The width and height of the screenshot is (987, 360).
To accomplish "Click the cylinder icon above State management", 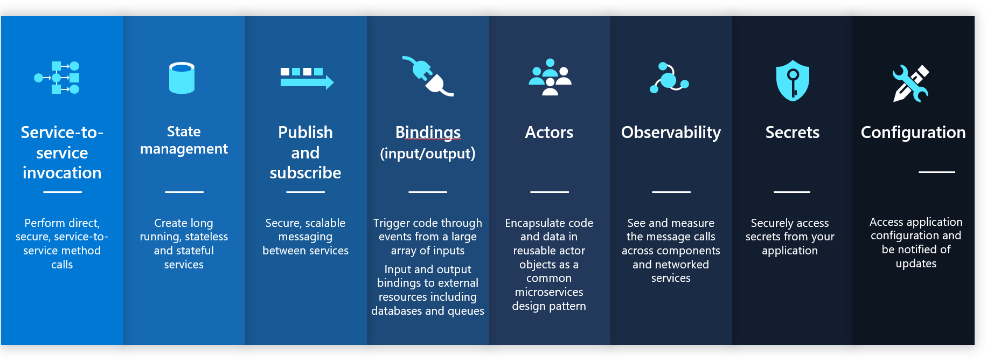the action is [182, 78].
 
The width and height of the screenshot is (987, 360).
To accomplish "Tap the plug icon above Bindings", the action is [428, 76].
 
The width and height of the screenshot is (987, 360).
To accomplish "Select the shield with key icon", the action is [793, 80].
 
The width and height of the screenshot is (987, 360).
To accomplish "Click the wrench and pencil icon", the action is [910, 84].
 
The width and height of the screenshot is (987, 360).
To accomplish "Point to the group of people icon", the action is [550, 77].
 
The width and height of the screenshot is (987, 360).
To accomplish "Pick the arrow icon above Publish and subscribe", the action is [307, 78].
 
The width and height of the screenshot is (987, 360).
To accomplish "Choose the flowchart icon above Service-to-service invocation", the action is [57, 78].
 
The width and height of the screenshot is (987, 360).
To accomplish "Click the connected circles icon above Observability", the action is [669, 78].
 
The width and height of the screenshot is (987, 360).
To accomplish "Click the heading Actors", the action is [549, 133].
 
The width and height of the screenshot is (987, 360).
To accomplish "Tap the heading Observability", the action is [671, 133].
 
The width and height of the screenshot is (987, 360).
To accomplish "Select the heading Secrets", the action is [793, 133].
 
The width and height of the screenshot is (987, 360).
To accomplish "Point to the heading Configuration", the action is [913, 133].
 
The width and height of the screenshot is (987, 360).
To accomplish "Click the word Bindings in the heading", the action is [428, 133].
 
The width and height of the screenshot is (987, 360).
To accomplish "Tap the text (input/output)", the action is [428, 154].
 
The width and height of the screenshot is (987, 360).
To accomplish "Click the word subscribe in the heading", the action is [305, 172].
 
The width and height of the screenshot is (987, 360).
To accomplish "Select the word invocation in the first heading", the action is [62, 172].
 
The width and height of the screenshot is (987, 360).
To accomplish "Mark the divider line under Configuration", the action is [937, 172].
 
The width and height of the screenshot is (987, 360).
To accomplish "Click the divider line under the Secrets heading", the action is [792, 192].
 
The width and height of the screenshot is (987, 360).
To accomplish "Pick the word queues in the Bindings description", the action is [465, 311].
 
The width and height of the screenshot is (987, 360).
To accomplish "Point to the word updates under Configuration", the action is [916, 264].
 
